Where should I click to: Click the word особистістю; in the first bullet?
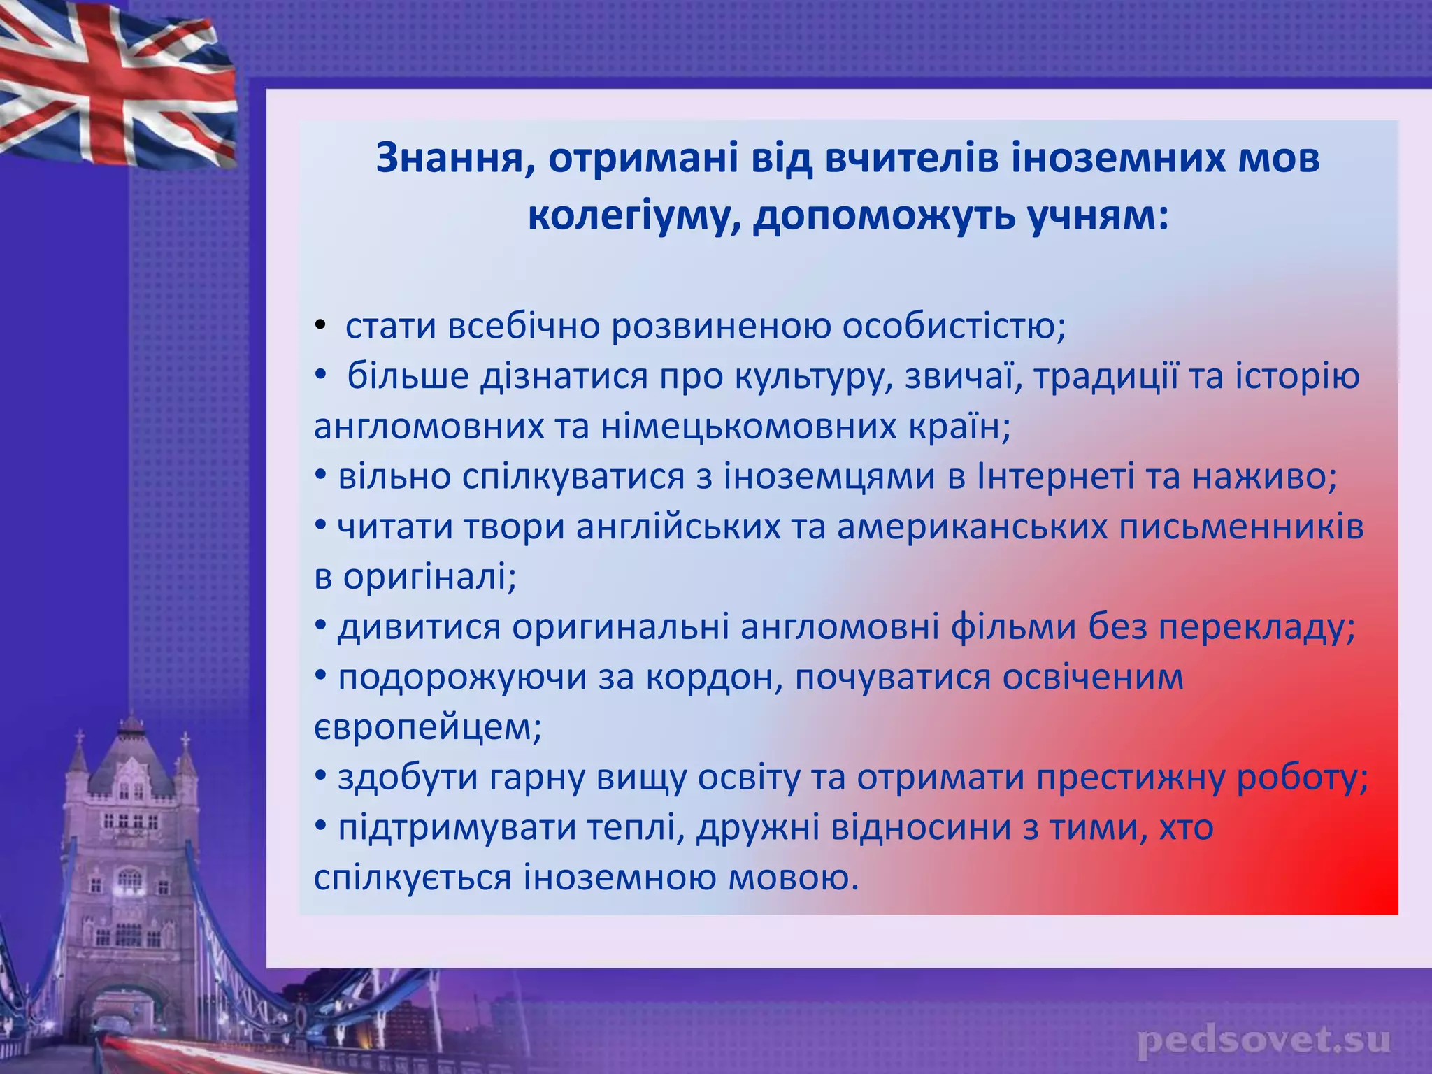point(954,327)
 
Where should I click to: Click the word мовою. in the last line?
point(794,879)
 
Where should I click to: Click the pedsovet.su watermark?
point(1263,1041)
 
